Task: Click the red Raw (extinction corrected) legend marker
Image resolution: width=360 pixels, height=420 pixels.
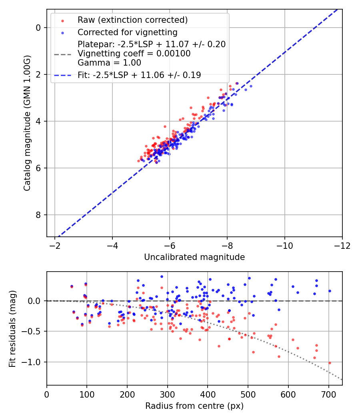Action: click(62, 20)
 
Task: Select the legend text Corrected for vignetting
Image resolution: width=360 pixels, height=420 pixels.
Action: click(127, 32)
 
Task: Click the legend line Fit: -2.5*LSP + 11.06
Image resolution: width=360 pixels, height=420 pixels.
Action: click(62, 75)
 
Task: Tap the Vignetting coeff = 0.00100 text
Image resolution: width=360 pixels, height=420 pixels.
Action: click(134, 54)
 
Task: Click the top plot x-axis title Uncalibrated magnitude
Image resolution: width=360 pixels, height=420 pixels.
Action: click(194, 257)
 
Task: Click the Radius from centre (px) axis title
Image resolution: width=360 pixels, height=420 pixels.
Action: click(194, 406)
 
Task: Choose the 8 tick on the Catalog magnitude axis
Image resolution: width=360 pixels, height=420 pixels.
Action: click(39, 215)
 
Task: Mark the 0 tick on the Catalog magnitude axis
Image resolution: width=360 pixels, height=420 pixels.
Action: click(39, 28)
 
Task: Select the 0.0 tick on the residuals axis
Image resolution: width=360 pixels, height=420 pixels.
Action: click(36, 300)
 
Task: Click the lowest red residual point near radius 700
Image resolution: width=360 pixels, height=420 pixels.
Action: click(330, 363)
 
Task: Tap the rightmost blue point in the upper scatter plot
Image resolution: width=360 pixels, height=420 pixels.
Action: click(251, 86)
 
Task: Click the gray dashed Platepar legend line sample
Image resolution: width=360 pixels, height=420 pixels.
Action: click(62, 54)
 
